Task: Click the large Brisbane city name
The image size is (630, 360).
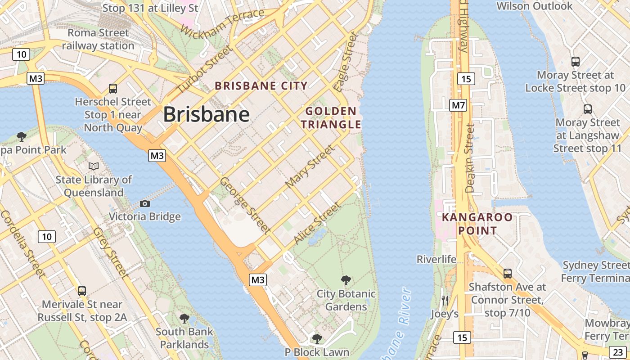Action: click(x=206, y=115)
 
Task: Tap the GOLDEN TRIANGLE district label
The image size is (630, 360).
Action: click(x=331, y=117)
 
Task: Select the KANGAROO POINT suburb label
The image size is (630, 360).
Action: click(x=477, y=224)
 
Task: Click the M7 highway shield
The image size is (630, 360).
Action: click(x=458, y=106)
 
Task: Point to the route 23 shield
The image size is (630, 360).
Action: click(x=616, y=352)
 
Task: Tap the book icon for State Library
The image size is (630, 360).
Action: click(x=94, y=166)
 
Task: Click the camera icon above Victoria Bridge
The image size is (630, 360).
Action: click(x=144, y=203)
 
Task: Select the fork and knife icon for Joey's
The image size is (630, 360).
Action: click(x=445, y=300)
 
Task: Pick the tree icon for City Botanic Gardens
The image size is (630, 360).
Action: click(x=346, y=280)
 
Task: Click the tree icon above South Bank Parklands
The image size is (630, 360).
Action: click(x=184, y=319)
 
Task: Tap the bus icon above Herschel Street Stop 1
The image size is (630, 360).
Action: click(x=113, y=89)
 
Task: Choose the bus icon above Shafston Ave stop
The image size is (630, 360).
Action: click(x=508, y=273)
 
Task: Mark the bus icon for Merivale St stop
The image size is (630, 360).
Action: click(x=81, y=291)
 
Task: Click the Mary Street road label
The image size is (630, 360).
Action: click(x=310, y=166)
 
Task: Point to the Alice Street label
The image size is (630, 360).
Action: click(x=317, y=223)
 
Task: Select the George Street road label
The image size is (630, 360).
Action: click(x=245, y=205)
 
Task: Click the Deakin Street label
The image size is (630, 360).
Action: click(x=470, y=158)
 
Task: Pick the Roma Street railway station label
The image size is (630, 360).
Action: click(x=98, y=39)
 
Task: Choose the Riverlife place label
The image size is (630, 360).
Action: click(x=436, y=259)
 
